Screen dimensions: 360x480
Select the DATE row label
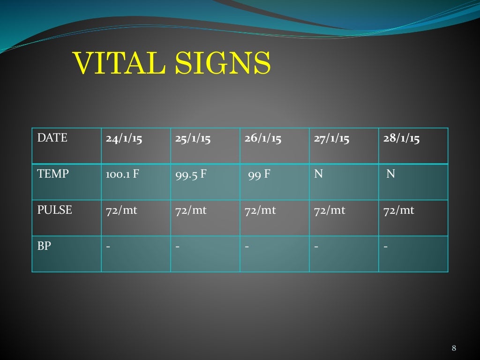[52, 138]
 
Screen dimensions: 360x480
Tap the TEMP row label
[53, 174]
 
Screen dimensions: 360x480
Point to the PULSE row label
[55, 210]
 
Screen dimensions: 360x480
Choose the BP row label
[44, 246]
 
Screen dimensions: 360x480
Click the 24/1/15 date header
[124, 139]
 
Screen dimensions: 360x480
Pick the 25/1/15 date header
[193, 139]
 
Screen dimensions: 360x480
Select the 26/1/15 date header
[262, 139]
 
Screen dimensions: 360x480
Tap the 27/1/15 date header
[332, 139]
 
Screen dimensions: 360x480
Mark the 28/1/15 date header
[401, 139]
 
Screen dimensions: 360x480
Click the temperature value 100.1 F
[122, 175]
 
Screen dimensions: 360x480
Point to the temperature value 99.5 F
[191, 175]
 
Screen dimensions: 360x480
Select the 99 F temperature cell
[259, 175]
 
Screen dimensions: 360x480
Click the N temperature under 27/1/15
[319, 174]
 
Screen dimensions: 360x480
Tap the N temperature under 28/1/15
[390, 174]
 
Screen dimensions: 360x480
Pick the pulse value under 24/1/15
[121, 210]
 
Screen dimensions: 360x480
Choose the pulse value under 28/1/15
[399, 210]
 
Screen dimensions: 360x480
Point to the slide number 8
[454, 348]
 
